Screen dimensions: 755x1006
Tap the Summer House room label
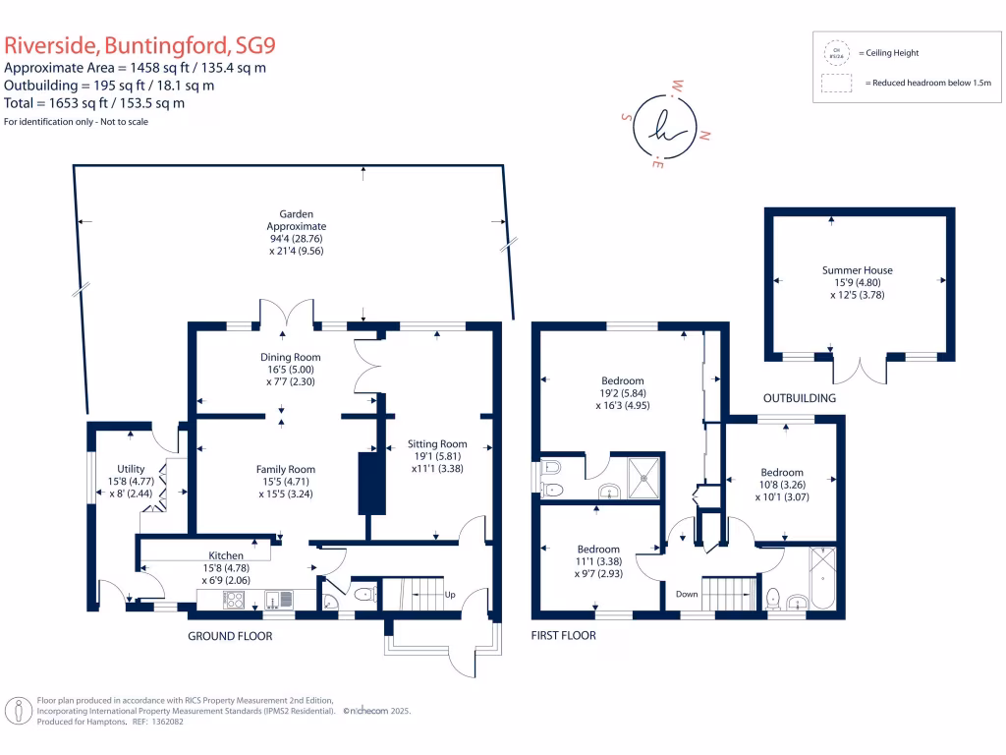coord(857,270)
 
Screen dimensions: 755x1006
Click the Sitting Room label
coord(439,443)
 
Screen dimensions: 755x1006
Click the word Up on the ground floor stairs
coord(451,596)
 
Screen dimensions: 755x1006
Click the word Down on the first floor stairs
coord(687,594)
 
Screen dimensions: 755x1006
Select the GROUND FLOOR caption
coord(230,636)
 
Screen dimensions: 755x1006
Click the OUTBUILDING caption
coord(800,398)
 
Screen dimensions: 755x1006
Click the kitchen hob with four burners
coord(235,599)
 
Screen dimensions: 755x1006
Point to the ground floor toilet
coord(363,594)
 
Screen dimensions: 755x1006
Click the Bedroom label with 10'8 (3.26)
coord(781,473)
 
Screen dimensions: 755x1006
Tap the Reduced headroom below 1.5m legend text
coord(928,84)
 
